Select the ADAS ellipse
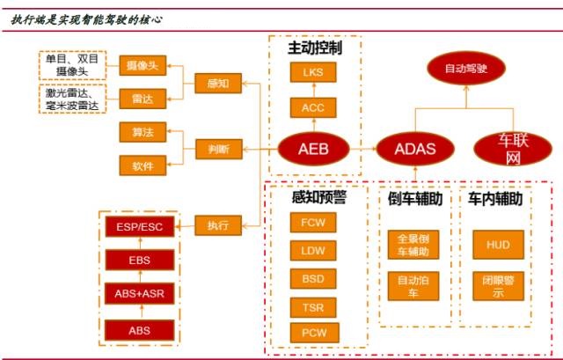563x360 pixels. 415,149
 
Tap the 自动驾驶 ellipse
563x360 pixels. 466,67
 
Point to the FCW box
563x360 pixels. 314,223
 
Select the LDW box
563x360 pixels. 314,252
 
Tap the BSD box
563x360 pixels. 314,280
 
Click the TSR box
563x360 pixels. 314,307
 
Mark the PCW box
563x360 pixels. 314,334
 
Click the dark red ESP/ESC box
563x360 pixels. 140,226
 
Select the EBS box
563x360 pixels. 140,260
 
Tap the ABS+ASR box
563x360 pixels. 140,294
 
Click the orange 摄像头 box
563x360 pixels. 143,65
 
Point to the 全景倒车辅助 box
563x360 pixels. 413,246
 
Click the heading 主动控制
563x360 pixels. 314,48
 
